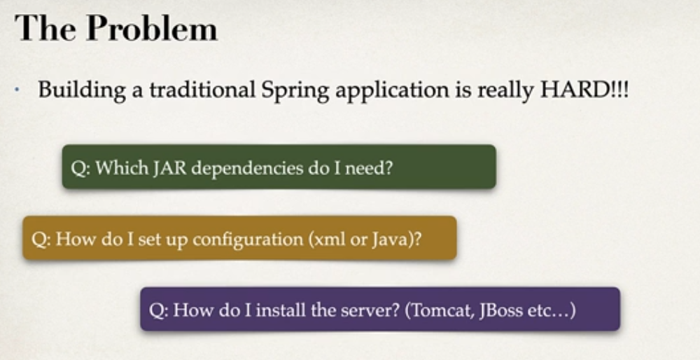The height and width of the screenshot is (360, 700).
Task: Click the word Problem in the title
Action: click(152, 28)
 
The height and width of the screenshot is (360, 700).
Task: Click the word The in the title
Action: click(45, 28)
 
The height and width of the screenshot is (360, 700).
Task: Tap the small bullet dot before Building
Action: click(17, 90)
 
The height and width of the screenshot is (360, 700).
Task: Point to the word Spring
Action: click(295, 90)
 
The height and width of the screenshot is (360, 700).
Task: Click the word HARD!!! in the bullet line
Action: click(584, 90)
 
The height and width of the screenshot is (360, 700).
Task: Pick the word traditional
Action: click(202, 90)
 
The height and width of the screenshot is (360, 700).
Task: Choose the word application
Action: click(392, 90)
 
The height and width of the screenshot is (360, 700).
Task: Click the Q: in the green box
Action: click(80, 168)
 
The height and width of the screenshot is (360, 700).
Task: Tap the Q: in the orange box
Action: click(41, 240)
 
